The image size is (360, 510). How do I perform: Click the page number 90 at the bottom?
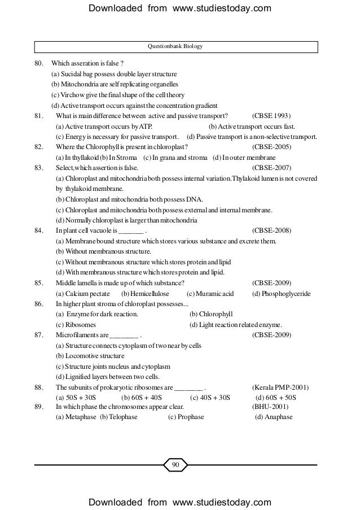point(175,465)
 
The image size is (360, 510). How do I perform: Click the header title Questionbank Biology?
point(175,46)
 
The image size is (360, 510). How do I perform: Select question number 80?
point(39,63)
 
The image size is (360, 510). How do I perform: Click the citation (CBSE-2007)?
point(271,168)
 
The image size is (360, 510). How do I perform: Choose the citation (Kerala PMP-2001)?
point(280,387)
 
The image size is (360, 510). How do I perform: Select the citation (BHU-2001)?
point(270,407)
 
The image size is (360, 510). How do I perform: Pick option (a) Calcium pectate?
point(81,294)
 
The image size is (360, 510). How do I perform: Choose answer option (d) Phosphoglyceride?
point(282,294)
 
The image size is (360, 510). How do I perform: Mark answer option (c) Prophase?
point(186,417)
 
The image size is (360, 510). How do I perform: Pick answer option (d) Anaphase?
point(274,417)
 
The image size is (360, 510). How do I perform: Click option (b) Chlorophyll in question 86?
point(212,314)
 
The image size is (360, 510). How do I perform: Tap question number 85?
point(39,283)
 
